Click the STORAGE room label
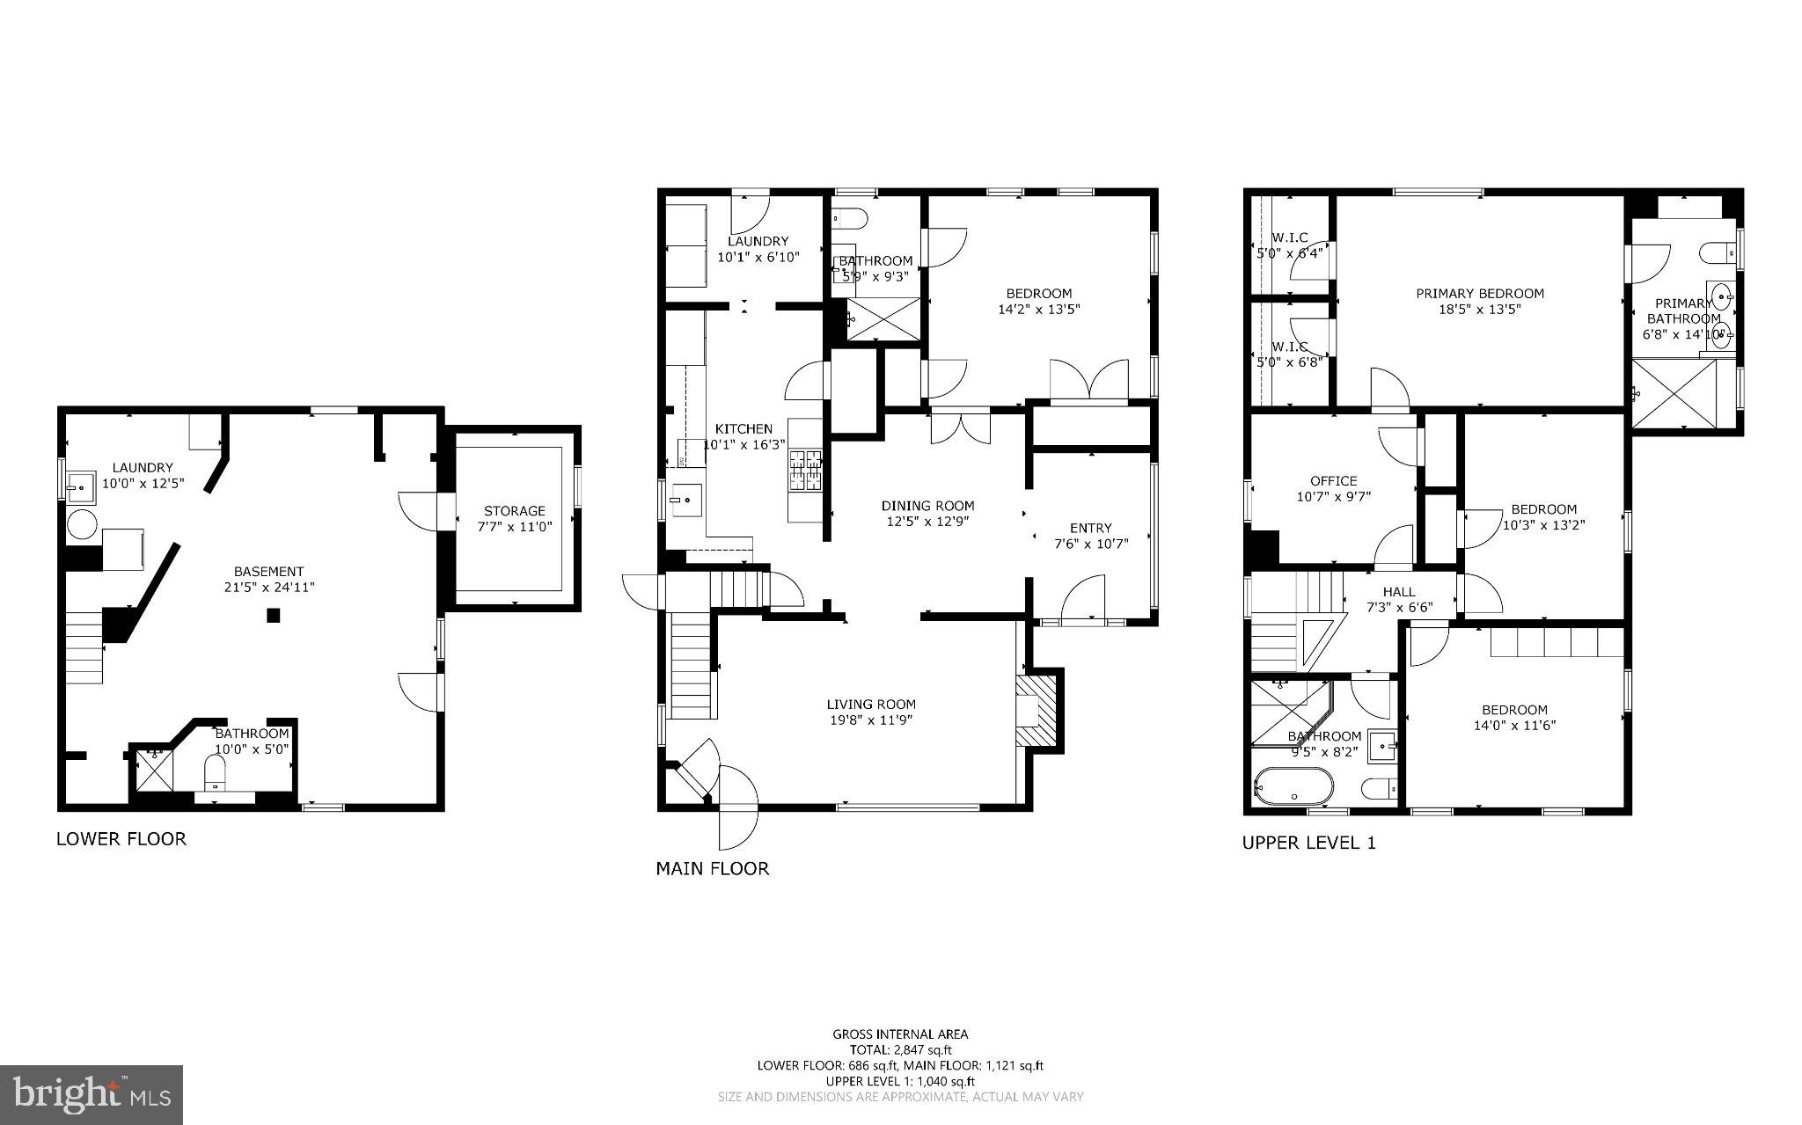(x=514, y=510)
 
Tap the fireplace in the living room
(x=1040, y=711)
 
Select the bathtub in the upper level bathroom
(x=1293, y=785)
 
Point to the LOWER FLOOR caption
(x=121, y=838)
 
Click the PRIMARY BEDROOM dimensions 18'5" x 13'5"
(x=1479, y=310)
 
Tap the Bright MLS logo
(x=92, y=1094)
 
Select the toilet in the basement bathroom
(x=216, y=774)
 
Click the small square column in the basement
(x=274, y=616)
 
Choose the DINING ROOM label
(x=927, y=506)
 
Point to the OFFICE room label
(x=1333, y=481)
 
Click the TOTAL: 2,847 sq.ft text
(x=900, y=1049)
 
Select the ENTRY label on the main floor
(x=1090, y=528)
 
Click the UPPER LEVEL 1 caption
(x=1308, y=843)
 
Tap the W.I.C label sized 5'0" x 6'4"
(x=1289, y=237)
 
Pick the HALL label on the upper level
(x=1398, y=592)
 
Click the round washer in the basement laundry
(x=82, y=525)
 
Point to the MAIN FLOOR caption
(x=712, y=869)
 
